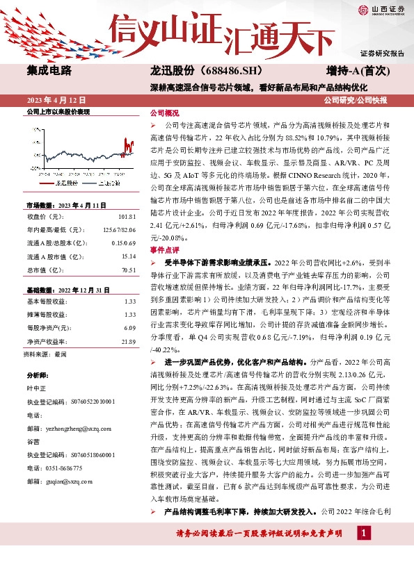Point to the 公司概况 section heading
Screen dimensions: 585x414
[x=165, y=113]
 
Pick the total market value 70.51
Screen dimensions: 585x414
[x=128, y=270]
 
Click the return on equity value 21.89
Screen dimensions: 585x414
[x=128, y=341]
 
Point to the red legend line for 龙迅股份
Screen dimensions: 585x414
[x=49, y=183]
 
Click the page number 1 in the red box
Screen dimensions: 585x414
[x=363, y=532]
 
